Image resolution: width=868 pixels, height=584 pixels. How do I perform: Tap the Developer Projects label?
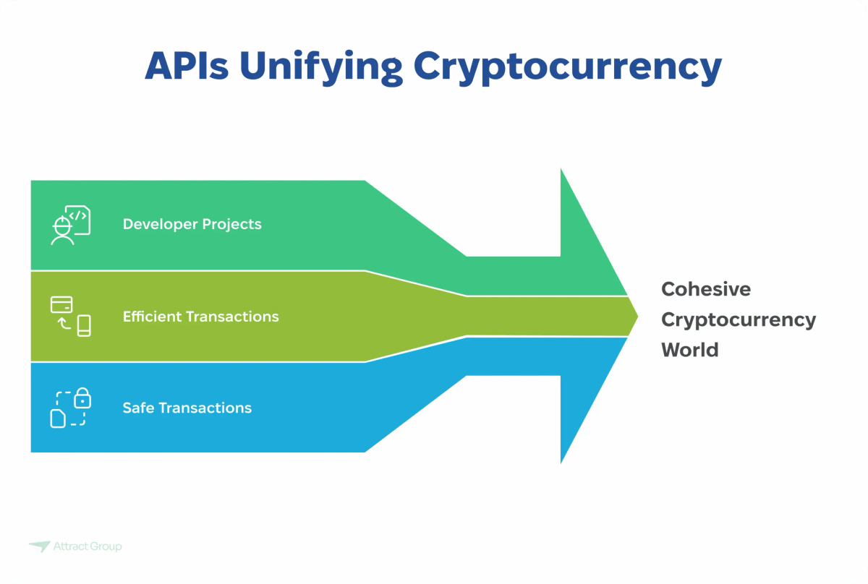click(192, 224)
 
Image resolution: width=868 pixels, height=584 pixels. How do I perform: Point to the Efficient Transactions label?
click(200, 317)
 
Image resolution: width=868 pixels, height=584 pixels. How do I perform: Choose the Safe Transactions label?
click(187, 408)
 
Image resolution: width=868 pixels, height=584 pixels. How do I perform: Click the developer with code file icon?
click(70, 225)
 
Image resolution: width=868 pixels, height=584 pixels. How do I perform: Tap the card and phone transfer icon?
click(70, 316)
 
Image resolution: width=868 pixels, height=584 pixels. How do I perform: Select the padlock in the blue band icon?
click(83, 397)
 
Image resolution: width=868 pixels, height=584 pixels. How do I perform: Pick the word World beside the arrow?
click(689, 350)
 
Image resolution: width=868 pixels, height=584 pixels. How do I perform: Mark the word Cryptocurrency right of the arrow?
click(739, 319)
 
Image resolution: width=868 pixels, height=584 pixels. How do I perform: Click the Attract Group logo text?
click(88, 546)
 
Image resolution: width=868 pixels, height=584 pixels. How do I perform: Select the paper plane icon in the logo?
click(39, 546)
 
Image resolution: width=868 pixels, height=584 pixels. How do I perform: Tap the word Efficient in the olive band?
click(152, 317)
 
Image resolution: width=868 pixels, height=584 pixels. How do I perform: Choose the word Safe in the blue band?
click(138, 408)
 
